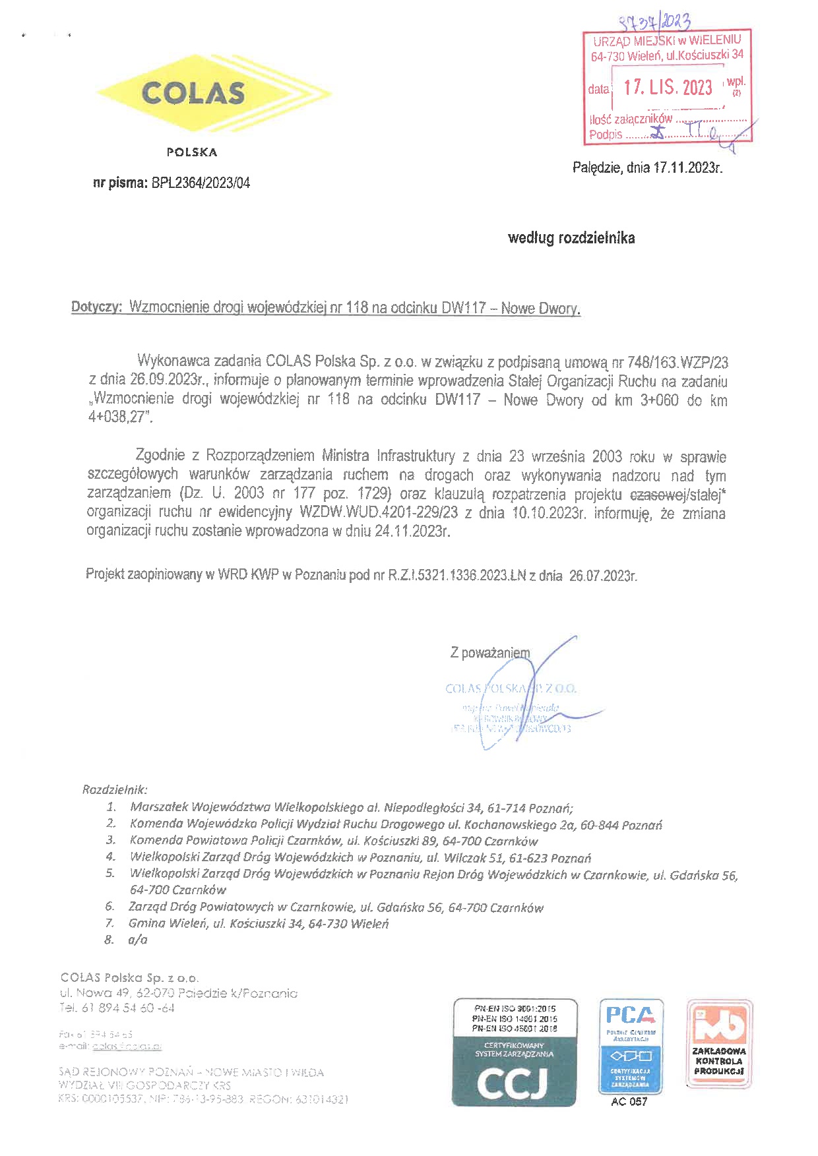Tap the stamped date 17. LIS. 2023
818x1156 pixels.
pyautogui.click(x=668, y=87)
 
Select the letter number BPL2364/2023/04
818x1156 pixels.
pyautogui.click(x=201, y=183)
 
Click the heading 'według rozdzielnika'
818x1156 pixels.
pyautogui.click(x=571, y=238)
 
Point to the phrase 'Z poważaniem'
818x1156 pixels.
pyautogui.click(x=489, y=653)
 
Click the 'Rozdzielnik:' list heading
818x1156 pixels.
pyautogui.click(x=115, y=789)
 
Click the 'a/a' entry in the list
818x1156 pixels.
pyautogui.click(x=138, y=940)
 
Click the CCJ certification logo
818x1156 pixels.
pyautogui.click(x=515, y=1052)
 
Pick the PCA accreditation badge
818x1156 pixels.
pyautogui.click(x=631, y=1046)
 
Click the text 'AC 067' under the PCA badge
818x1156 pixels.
pyautogui.click(x=629, y=1102)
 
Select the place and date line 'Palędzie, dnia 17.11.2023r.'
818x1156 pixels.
pyautogui.click(x=647, y=167)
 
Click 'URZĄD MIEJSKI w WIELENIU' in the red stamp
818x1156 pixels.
pyautogui.click(x=667, y=41)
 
